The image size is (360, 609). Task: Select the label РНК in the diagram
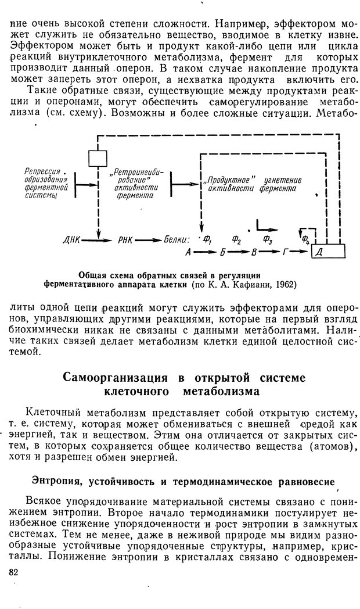click(127, 239)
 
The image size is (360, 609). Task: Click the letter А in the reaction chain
click(188, 252)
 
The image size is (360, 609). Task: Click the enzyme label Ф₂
click(236, 238)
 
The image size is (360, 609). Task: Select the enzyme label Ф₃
click(268, 238)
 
